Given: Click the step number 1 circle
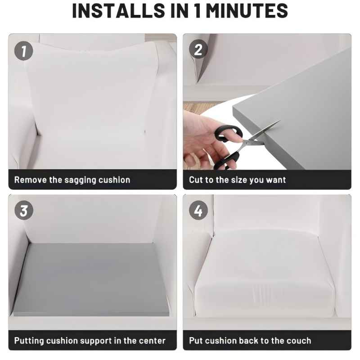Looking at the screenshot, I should [24, 51].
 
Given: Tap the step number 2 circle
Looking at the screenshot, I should [198, 50].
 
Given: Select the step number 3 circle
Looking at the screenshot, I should [24, 211].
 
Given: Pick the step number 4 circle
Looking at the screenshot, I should [198, 211].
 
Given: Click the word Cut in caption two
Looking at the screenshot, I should [196, 180].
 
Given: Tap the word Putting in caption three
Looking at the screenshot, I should [30, 341].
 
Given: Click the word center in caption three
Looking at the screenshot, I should [151, 341].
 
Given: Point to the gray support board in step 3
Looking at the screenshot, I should [92, 279].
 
